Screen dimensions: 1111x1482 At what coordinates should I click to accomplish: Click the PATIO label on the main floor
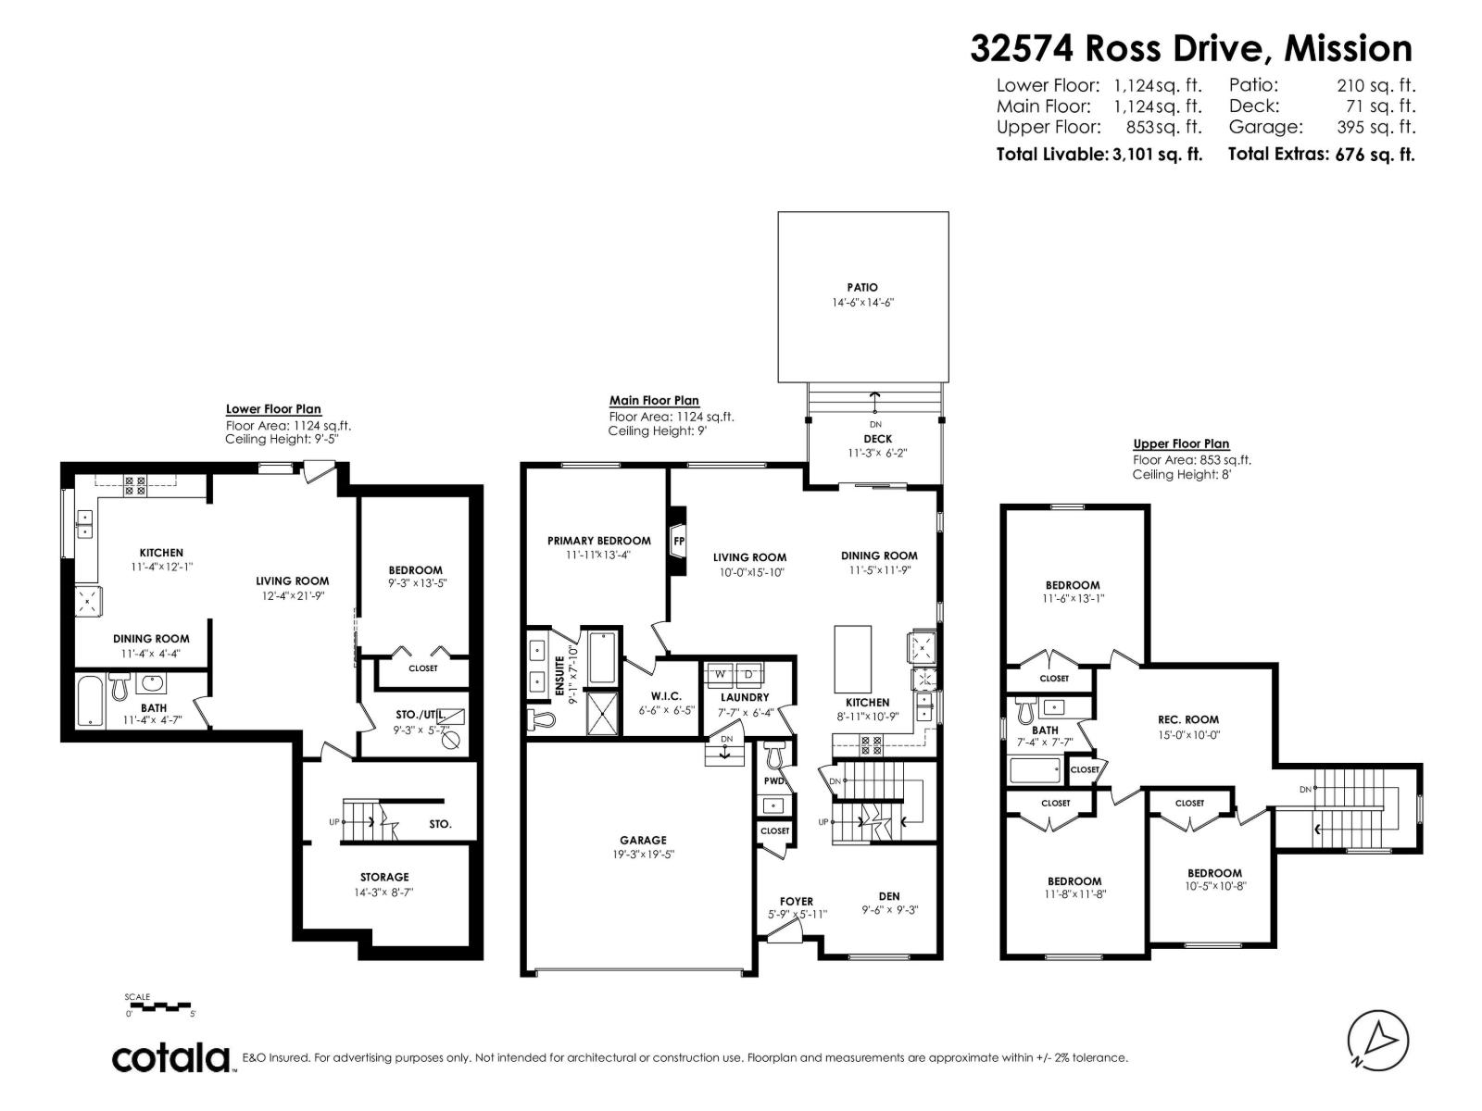pos(861,288)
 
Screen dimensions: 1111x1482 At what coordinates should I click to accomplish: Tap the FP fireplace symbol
pos(678,541)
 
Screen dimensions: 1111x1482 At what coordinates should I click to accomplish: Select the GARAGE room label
pos(643,841)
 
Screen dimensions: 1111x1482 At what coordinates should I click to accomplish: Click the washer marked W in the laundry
pos(719,673)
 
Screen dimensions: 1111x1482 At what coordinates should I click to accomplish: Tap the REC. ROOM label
pos(1188,719)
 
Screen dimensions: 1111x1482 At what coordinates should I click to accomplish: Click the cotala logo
pos(172,1058)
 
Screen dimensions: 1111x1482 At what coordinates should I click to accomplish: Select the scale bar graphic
pos(158,1005)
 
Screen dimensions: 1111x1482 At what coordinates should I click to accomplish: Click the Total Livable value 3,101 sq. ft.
pos(1156,155)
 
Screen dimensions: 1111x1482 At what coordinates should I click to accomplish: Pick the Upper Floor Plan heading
pos(1181,444)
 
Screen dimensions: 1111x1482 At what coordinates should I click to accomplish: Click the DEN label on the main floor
pos(888,896)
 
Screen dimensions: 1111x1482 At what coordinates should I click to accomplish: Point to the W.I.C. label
pos(666,696)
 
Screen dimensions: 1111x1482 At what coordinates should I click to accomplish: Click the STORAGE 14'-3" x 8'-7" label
pos(384,877)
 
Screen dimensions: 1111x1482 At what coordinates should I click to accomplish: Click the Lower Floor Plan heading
pos(273,409)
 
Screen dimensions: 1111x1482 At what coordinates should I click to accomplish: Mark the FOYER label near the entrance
pos(797,901)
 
